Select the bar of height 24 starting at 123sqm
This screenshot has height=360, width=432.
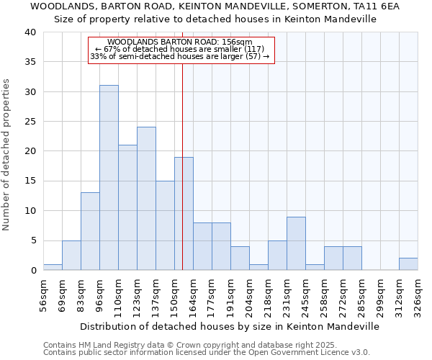pos(146,199)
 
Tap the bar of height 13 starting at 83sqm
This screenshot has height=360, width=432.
pos(90,231)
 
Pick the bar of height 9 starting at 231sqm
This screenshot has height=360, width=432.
pos(296,243)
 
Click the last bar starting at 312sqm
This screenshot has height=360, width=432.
pos(408,264)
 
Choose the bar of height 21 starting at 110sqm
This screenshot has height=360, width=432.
pos(127,207)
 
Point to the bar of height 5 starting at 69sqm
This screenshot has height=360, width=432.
pos(71,255)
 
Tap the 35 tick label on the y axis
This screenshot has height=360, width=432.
pos(30,62)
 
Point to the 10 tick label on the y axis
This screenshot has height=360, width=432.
pos(30,211)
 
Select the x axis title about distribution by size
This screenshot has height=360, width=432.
pos(229,326)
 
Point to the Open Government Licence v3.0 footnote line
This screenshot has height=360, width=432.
pos(206,353)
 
